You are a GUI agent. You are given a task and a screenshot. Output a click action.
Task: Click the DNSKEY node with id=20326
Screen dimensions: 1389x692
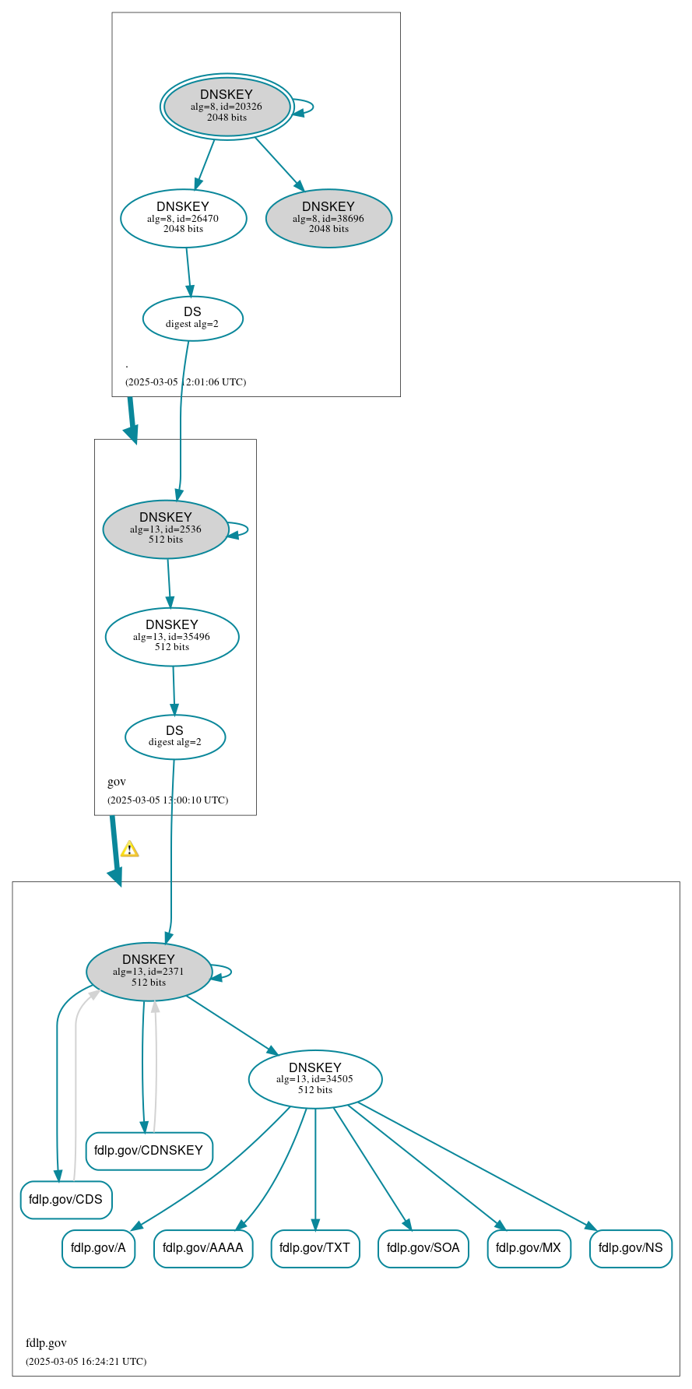pyautogui.click(x=227, y=107)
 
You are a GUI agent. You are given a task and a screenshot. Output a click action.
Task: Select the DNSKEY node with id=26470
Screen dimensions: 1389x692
pyautogui.click(x=183, y=218)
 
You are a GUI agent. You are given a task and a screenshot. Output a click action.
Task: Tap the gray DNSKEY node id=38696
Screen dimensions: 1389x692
pyautogui.click(x=328, y=218)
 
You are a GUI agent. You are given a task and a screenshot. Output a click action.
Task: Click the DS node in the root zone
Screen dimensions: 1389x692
pyautogui.click(x=192, y=318)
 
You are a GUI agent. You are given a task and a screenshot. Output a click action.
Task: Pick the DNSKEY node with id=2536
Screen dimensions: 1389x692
pyautogui.click(x=165, y=529)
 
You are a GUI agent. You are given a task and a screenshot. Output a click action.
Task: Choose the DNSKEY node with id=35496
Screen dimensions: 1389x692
pyautogui.click(x=171, y=636)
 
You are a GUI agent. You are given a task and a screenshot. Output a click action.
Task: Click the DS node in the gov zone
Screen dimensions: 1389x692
pyautogui.click(x=174, y=736)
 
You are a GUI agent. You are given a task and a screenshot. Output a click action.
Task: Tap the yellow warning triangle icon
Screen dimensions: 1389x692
pyautogui.click(x=129, y=849)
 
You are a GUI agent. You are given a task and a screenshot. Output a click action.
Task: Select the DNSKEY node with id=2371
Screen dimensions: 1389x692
pyautogui.click(x=149, y=971)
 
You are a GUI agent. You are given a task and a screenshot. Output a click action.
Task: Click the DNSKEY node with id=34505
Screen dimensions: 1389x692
pyautogui.click(x=314, y=1078)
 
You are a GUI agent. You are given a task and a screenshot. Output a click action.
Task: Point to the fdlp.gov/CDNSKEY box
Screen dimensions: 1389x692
pyautogui.click(x=149, y=1150)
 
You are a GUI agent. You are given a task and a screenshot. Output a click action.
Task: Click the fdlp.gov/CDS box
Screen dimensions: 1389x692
pyautogui.click(x=66, y=1199)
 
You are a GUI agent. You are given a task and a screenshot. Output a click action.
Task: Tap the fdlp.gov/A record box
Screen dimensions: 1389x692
pyautogui.click(x=98, y=1247)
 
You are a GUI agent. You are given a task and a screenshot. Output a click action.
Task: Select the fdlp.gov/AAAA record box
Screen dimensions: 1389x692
pyautogui.click(x=203, y=1247)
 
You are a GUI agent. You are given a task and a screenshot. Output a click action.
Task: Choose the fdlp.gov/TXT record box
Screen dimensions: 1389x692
pyautogui.click(x=314, y=1247)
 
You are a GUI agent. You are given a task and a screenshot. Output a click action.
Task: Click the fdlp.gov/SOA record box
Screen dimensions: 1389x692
pyautogui.click(x=423, y=1247)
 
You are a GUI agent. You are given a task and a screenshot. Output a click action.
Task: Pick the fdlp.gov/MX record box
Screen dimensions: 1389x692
pyautogui.click(x=529, y=1247)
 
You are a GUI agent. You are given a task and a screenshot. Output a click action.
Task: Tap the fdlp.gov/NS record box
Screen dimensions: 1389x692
pyautogui.click(x=631, y=1247)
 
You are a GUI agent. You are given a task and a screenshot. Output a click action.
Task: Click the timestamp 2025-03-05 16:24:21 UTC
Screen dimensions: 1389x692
pyautogui.click(x=86, y=1361)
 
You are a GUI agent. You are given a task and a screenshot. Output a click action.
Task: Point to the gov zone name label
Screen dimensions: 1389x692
pyautogui.click(x=117, y=781)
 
